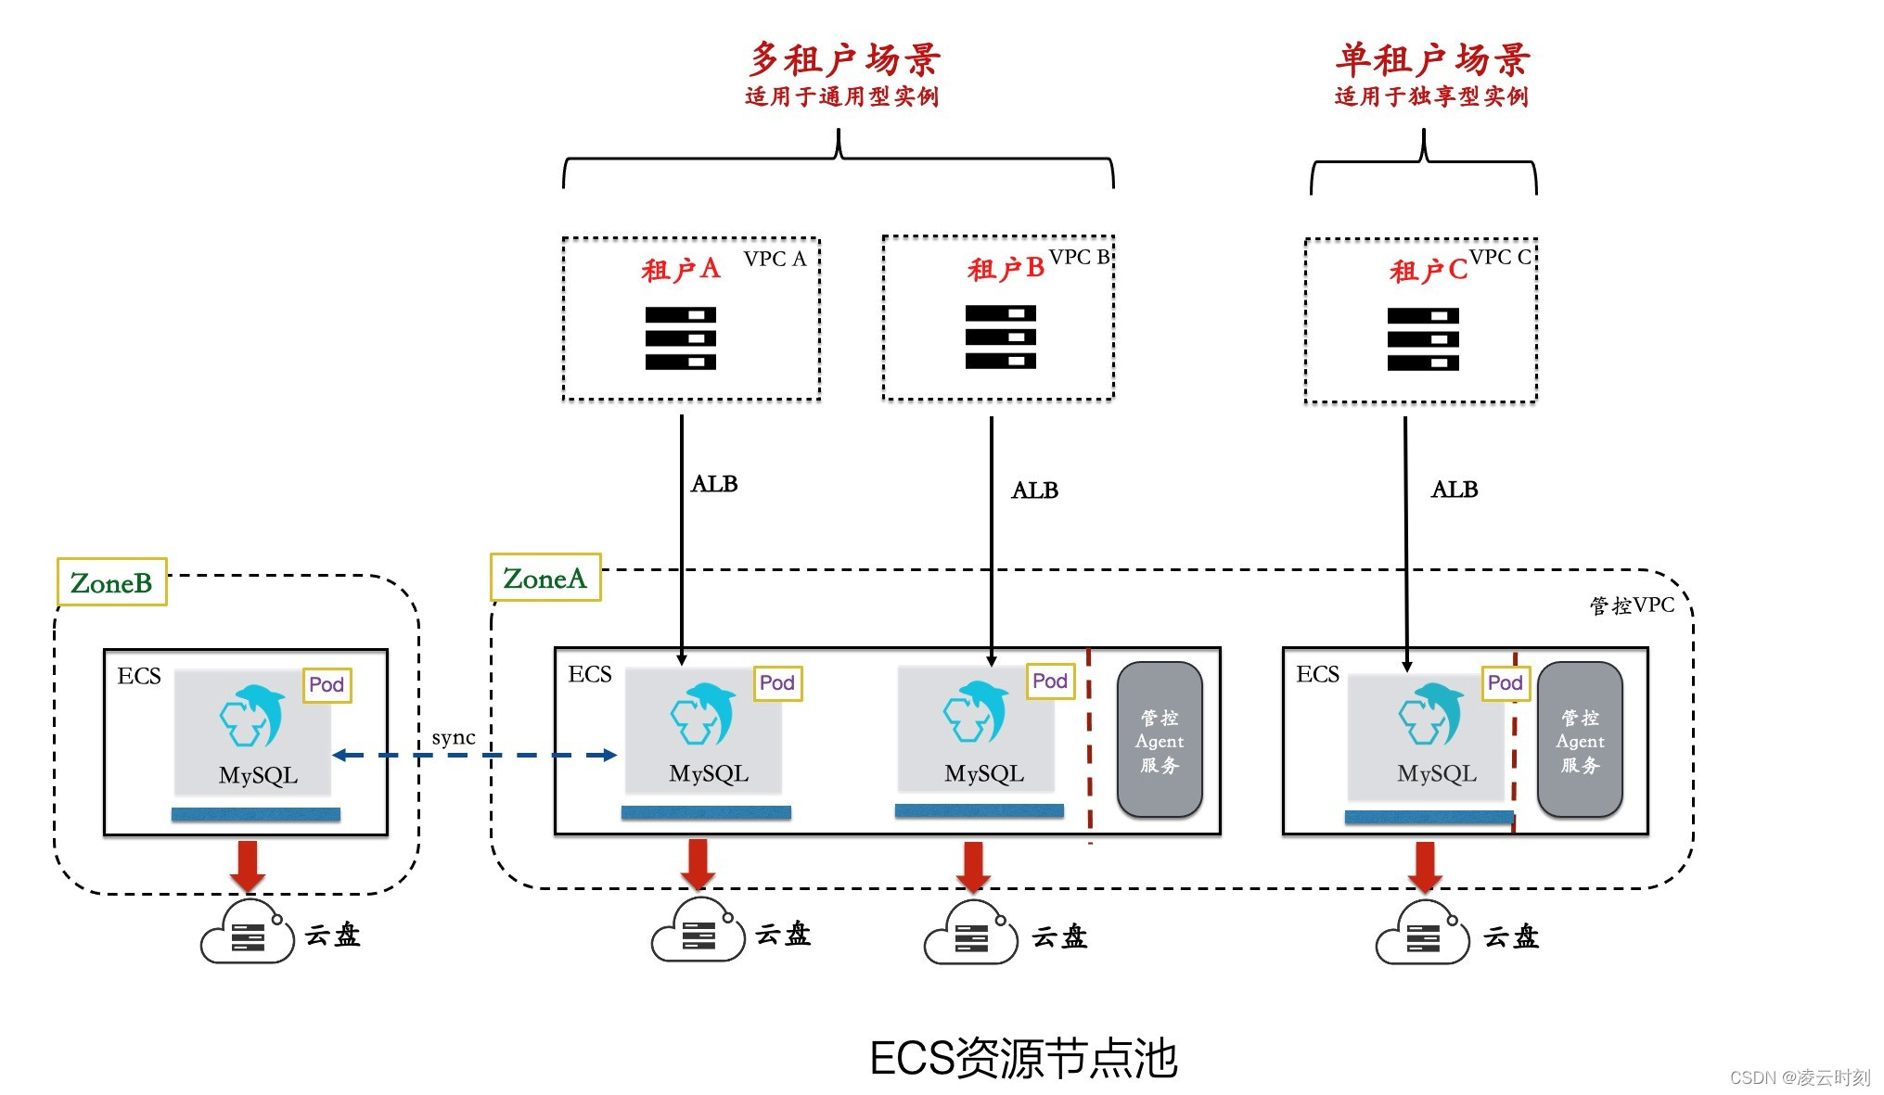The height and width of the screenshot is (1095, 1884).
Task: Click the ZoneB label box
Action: (112, 582)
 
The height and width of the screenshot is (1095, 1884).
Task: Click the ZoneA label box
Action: (545, 578)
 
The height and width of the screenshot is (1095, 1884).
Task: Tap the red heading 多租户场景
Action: (844, 59)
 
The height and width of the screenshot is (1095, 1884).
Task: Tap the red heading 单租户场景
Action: (1431, 59)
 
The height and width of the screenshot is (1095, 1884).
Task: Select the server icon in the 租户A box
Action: (680, 338)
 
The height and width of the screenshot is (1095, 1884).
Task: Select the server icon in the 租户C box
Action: (1423, 339)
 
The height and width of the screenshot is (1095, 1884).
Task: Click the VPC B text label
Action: (1079, 257)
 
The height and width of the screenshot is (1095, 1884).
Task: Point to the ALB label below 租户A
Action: (714, 484)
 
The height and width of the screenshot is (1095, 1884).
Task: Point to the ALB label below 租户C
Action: (1454, 490)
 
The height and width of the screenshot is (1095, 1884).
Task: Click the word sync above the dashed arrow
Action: (454, 737)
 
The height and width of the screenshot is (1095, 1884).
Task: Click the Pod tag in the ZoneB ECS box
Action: (327, 684)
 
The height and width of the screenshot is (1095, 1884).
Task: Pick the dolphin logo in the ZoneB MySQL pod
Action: (251, 716)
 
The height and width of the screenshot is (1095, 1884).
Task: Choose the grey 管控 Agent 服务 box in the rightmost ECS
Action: (1580, 740)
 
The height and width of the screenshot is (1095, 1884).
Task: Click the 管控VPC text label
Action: (1632, 605)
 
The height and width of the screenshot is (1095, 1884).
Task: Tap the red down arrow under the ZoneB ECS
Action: (248, 865)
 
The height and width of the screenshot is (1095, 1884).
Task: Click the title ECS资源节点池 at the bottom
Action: (1023, 1058)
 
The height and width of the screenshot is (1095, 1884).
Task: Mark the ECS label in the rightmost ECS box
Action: (1317, 674)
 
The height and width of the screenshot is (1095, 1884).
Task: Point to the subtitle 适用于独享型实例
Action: (1431, 96)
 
